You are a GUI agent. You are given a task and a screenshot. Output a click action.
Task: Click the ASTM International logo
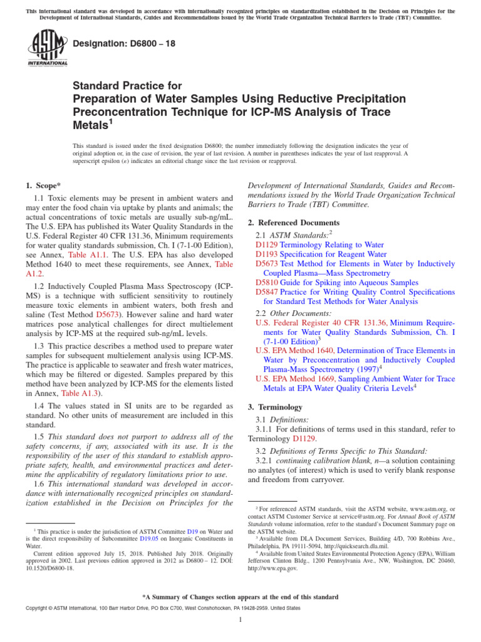48,50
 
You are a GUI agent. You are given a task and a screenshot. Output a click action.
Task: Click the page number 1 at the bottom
240,620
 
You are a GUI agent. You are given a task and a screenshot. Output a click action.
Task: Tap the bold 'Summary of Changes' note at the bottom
240,597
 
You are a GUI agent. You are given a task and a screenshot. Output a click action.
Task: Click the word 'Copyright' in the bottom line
38,608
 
